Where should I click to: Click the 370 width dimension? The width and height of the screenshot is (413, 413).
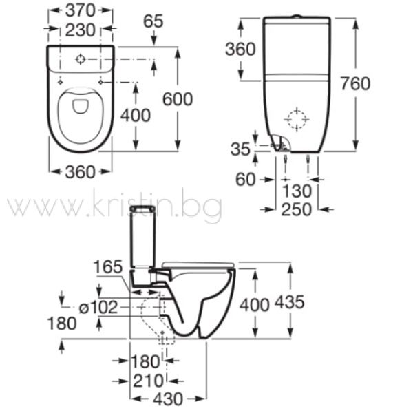click(x=80, y=10)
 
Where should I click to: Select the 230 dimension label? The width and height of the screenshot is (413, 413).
click(x=80, y=30)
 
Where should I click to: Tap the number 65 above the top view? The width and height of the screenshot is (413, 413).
click(x=153, y=21)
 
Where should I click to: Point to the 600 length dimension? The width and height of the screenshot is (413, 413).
click(x=178, y=99)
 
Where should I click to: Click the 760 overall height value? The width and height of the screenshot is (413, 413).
click(x=356, y=83)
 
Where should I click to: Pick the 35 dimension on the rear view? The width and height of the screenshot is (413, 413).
click(x=240, y=149)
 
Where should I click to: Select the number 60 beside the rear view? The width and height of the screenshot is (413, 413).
click(x=245, y=180)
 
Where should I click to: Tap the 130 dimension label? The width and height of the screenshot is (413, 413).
click(x=297, y=191)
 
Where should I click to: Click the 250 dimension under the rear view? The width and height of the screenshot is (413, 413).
click(x=297, y=210)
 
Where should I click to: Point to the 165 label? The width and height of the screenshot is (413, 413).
click(x=108, y=266)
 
